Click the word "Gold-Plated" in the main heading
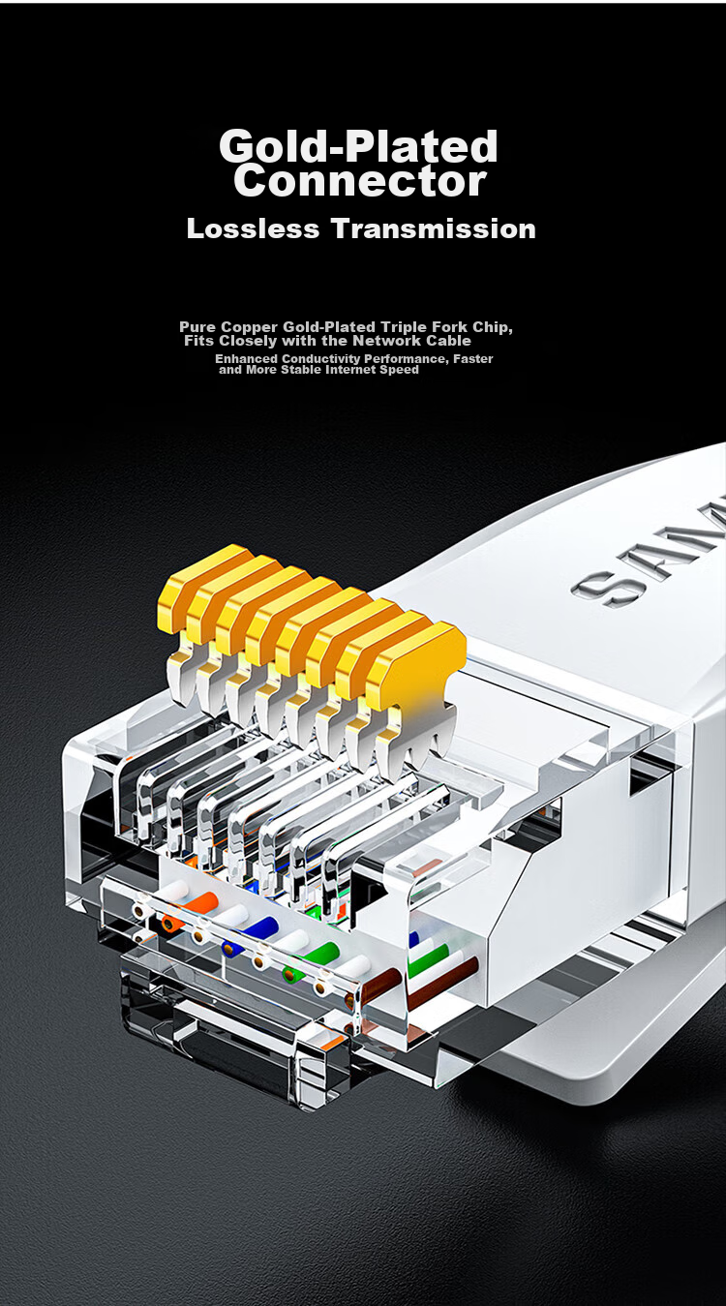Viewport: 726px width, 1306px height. [358, 146]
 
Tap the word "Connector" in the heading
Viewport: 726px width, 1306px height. [360, 180]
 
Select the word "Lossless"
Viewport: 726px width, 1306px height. [253, 228]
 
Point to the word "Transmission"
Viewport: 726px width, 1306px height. [434, 228]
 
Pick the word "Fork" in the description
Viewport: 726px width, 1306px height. [449, 326]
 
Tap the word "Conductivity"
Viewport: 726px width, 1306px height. [320, 358]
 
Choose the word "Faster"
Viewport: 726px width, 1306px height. [473, 358]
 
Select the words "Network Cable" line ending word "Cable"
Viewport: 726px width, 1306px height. [448, 341]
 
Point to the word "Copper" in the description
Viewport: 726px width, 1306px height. [251, 327]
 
